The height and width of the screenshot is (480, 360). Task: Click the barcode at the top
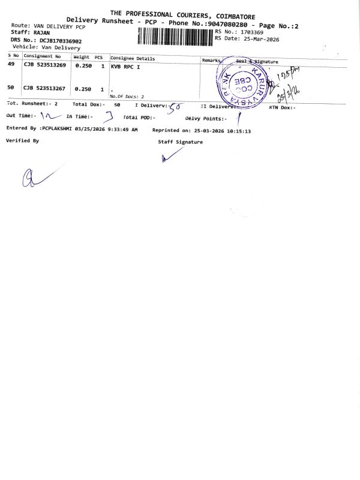(175, 36)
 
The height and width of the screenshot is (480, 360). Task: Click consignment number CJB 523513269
(44, 65)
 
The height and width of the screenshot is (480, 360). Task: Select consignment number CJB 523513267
(44, 88)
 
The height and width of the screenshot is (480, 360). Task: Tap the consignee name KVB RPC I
(125, 67)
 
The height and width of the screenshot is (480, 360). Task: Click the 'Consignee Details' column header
(133, 59)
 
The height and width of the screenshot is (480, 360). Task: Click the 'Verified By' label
(22, 140)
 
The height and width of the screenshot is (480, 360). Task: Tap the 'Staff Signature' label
(180, 142)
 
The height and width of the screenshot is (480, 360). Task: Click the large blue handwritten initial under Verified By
(31, 177)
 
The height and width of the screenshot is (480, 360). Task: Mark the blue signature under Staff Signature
(171, 155)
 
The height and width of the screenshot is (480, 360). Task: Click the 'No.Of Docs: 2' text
(127, 96)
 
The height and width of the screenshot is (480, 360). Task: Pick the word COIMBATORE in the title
(231, 14)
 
